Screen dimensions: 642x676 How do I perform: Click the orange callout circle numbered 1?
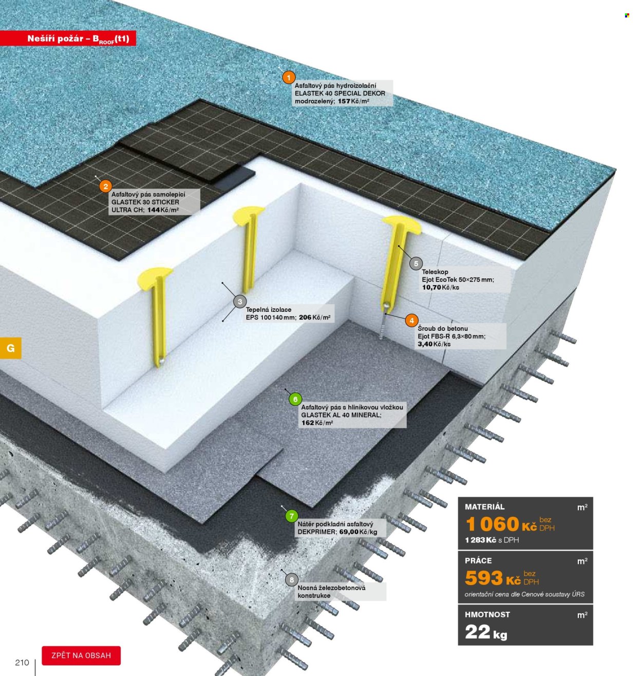tap(289, 78)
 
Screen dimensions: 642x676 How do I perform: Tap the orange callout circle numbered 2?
tap(106, 186)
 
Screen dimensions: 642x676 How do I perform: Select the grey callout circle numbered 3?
tap(240, 302)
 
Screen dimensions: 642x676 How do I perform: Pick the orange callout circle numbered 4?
tap(411, 321)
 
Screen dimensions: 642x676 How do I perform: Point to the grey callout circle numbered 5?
tap(416, 264)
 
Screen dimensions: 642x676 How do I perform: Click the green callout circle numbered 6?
tap(295, 399)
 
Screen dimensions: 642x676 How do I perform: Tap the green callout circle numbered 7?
tap(292, 516)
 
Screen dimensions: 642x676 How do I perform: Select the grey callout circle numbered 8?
tap(292, 580)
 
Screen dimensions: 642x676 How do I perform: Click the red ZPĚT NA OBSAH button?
tap(81, 655)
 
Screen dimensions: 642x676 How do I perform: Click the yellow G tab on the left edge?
tap(11, 348)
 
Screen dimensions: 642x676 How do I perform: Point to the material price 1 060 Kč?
tap(501, 524)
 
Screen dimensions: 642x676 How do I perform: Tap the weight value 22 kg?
tap(486, 632)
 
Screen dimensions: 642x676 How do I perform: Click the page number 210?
tap(22, 663)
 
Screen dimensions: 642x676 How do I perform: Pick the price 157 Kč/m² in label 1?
tap(353, 101)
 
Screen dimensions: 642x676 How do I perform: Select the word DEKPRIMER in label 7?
tap(317, 532)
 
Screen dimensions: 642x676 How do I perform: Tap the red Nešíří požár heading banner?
tap(68, 38)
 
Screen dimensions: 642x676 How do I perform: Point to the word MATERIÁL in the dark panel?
tap(484, 507)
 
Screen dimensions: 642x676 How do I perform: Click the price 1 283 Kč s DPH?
tap(492, 540)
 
